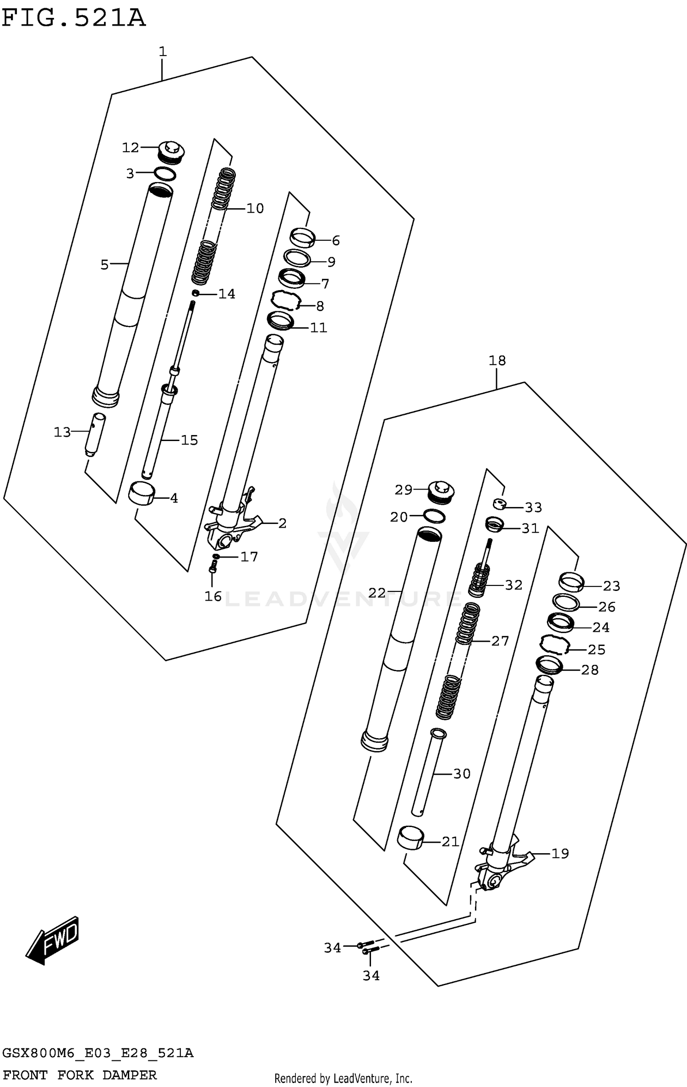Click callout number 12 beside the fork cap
(x=131, y=148)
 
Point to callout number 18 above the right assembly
(x=497, y=361)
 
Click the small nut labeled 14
(x=196, y=293)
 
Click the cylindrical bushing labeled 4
(x=142, y=494)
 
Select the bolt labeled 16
(x=212, y=569)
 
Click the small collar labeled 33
(x=499, y=505)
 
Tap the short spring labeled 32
(x=479, y=582)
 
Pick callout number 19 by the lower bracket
(x=560, y=854)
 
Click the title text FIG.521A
(x=73, y=18)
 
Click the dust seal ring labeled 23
(x=571, y=582)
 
